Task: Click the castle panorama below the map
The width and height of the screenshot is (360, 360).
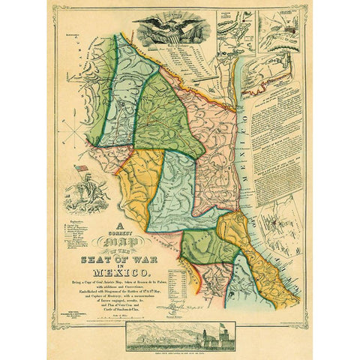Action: tap(180, 335)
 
